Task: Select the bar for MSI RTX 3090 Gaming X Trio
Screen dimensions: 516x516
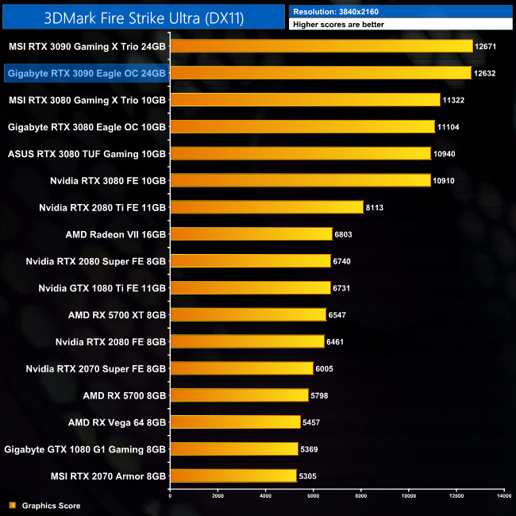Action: [x=322, y=47]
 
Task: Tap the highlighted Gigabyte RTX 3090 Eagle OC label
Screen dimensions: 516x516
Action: [x=86, y=73]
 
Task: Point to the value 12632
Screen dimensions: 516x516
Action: [x=485, y=73]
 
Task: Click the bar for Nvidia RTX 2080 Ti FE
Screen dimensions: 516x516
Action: [x=266, y=207]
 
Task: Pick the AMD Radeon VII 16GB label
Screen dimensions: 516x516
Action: [x=116, y=234]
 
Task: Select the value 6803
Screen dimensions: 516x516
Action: [x=346, y=234]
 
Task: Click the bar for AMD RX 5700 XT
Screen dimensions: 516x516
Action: [x=248, y=314]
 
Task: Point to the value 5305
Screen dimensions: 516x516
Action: [x=310, y=476]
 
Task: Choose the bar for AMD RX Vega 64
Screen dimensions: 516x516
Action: [x=235, y=422]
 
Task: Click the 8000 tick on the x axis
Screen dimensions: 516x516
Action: [x=360, y=496]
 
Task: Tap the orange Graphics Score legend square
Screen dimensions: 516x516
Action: [x=11, y=505]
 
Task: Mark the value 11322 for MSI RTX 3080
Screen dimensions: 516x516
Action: [x=455, y=100]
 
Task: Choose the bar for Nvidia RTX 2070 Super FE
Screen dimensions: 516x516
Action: [x=241, y=368]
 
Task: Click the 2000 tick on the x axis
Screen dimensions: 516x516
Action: [x=218, y=496]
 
